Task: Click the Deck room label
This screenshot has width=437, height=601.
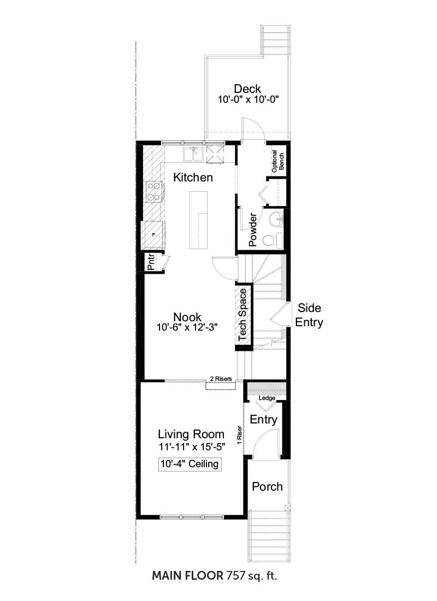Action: pos(247,89)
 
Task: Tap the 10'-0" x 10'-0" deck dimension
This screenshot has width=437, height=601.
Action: pos(248,99)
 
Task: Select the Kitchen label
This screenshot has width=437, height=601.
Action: pos(193,178)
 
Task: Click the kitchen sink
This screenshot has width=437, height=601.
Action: pos(193,155)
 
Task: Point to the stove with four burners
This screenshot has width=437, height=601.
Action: pos(155,192)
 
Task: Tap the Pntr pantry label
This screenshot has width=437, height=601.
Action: pos(151,262)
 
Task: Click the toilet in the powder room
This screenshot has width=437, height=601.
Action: pos(271,240)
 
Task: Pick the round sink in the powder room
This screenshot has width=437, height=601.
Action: pos(275,220)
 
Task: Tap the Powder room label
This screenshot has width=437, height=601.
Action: pos(252,230)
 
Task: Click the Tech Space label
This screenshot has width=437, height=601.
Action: pos(243,315)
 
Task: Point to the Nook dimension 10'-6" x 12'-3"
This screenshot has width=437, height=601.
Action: pos(187,327)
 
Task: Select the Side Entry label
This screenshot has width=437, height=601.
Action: pos(309,315)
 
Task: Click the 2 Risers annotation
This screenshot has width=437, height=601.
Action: pos(221,379)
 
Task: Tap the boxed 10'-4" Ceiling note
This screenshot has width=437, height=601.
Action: pos(190,464)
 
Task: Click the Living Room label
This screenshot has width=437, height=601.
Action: pos(191,434)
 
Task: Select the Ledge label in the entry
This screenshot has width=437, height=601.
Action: pos(267,398)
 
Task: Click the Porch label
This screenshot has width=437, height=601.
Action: pos(267,487)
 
